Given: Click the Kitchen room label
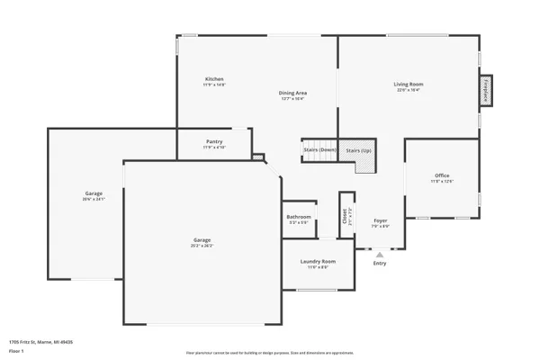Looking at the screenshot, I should [x=214, y=79].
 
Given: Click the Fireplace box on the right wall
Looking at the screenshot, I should [x=486, y=92].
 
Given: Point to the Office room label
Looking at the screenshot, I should [x=441, y=175].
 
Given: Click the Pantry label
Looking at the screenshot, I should [x=214, y=141].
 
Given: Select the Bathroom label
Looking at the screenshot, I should [x=299, y=217].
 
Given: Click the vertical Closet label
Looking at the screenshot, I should [x=344, y=216].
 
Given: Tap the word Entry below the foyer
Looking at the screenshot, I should [x=380, y=263].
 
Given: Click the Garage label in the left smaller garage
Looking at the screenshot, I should [x=94, y=193].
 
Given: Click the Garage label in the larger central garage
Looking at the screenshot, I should [x=202, y=239].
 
